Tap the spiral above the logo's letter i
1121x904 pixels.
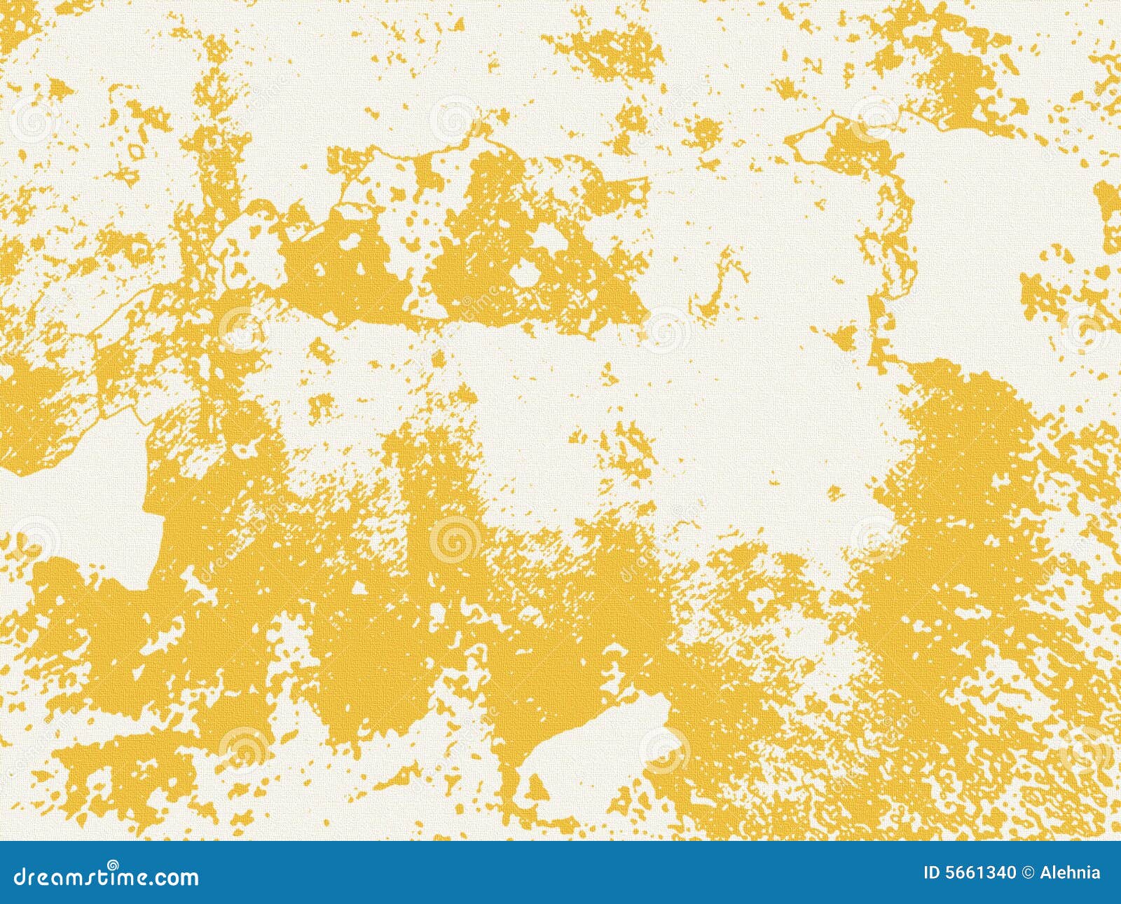tap(112, 865)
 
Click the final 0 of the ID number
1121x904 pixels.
tap(1010, 873)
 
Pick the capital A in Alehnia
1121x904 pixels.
tap(1045, 873)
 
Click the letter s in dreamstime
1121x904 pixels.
tap(92, 877)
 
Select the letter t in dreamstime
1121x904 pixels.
tap(103, 877)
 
